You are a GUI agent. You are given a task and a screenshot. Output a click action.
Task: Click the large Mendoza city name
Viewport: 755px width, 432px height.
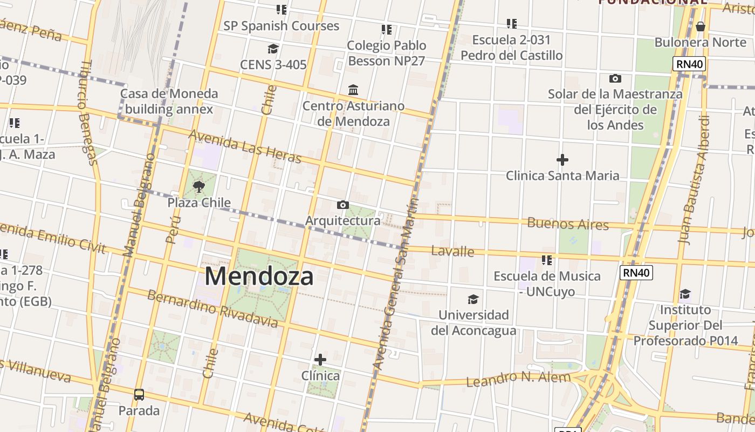coord(259,276)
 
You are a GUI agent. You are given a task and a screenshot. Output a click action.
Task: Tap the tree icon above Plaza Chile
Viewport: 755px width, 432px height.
coord(199,187)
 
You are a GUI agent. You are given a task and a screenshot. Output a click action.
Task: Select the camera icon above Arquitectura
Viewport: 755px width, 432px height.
coord(342,205)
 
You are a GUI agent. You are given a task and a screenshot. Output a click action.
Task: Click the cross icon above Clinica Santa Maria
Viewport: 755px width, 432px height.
coord(562,160)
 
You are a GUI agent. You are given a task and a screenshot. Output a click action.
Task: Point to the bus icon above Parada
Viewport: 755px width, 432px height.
coord(139,395)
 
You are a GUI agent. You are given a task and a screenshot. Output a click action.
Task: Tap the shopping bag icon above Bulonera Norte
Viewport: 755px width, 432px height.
coord(700,26)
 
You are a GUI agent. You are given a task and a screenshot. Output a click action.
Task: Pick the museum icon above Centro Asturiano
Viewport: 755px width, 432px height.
coord(353,90)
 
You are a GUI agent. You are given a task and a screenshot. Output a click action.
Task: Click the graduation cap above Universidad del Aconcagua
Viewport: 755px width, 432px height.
coord(473,299)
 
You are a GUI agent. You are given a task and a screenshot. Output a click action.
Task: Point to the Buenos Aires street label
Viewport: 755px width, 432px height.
coord(568,224)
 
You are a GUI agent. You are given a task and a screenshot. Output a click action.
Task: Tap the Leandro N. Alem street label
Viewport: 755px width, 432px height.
coord(518,379)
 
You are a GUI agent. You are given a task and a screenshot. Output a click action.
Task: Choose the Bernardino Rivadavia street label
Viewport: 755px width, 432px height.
coord(212,309)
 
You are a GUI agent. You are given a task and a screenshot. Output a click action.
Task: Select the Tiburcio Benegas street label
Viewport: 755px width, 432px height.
coord(86,112)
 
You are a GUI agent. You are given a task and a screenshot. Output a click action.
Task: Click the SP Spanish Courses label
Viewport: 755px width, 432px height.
coord(281,26)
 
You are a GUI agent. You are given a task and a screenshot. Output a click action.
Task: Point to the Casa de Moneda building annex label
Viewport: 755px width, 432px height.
coord(169,101)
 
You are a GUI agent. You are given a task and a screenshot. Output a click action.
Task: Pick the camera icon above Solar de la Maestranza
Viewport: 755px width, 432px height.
coord(615,79)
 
